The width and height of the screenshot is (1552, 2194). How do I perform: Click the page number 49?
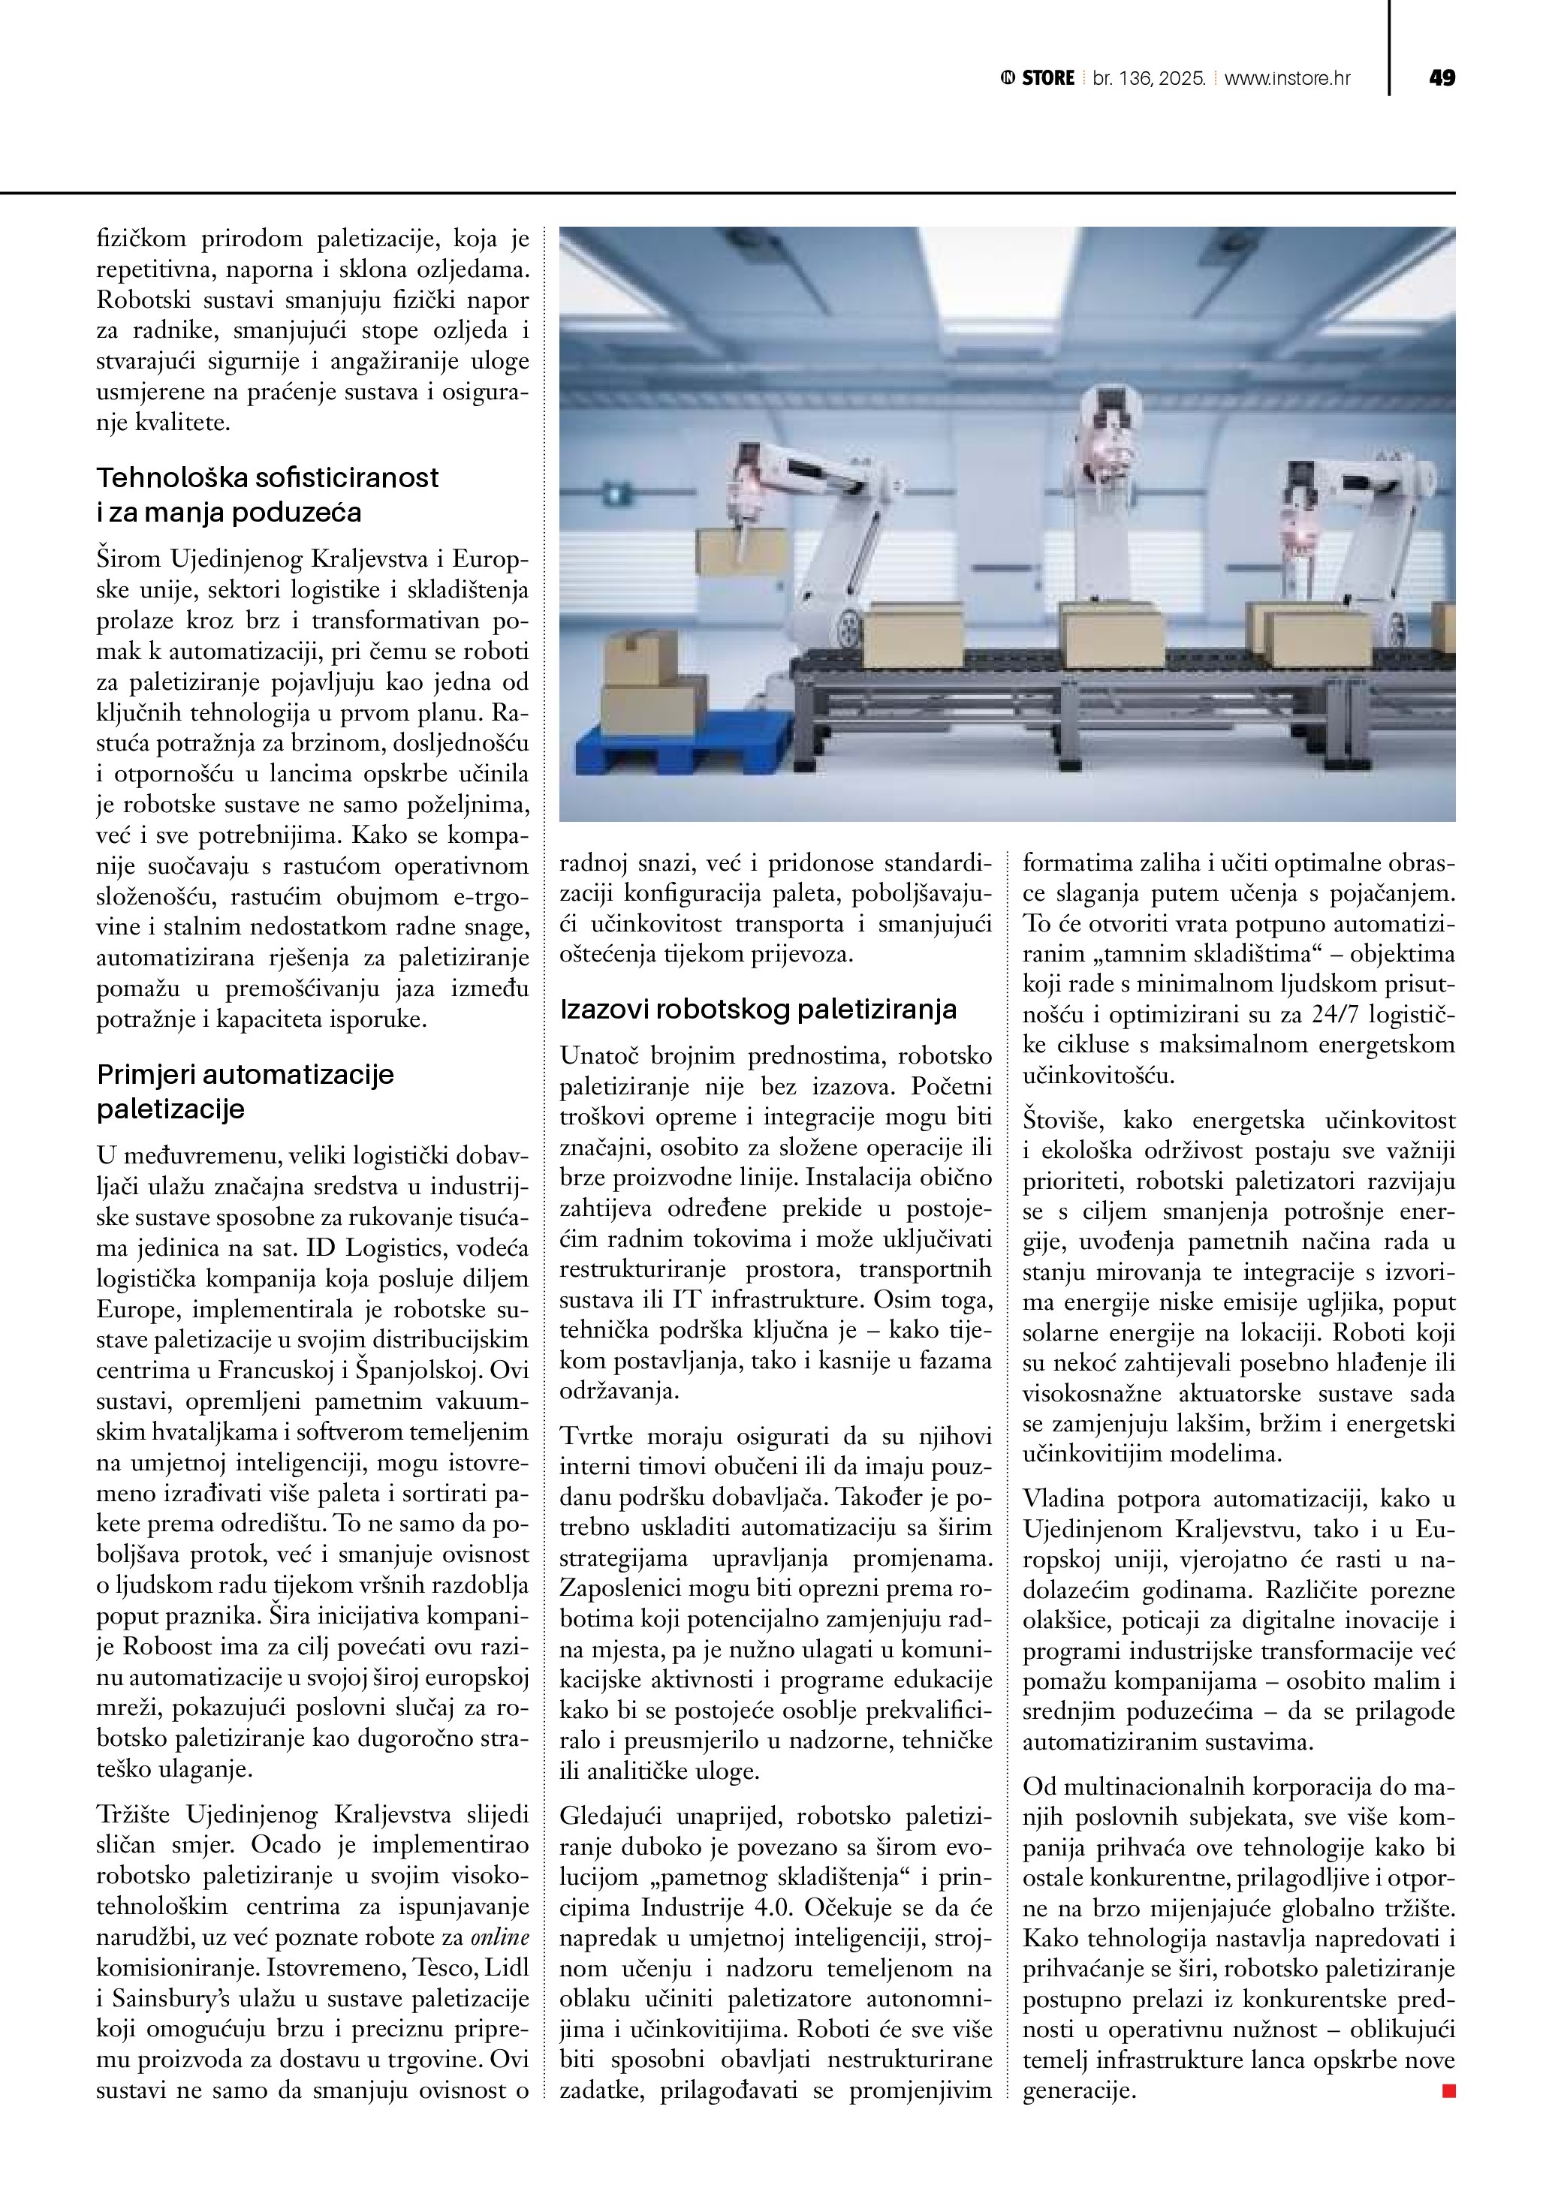click(x=1441, y=78)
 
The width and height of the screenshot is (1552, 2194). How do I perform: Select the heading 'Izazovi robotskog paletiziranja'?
click(x=758, y=1009)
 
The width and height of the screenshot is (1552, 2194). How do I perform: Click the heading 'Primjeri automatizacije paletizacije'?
click(x=245, y=1091)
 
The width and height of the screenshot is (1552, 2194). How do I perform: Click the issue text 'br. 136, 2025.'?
click(x=1149, y=78)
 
